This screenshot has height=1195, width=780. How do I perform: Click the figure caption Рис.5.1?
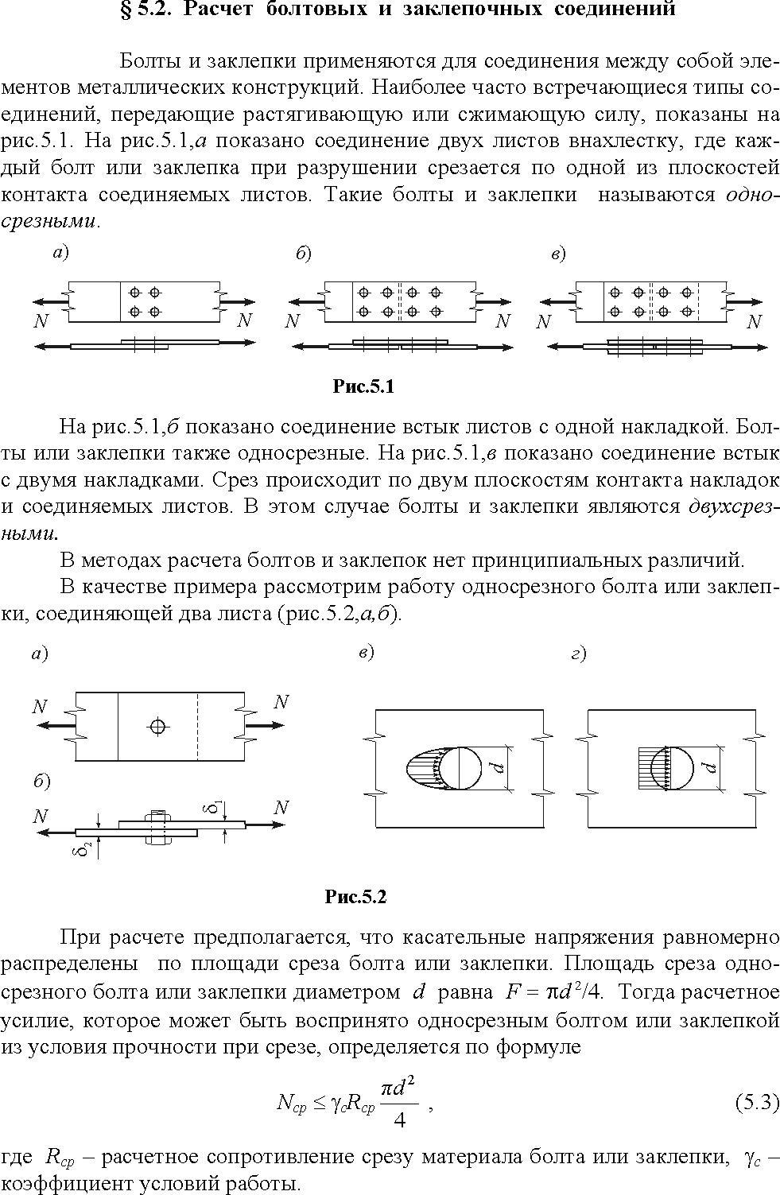pos(363,386)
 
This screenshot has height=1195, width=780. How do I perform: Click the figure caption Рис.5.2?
pos(355,897)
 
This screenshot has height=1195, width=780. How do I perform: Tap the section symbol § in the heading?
pos(126,9)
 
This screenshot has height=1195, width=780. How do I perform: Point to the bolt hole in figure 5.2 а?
pos(157,726)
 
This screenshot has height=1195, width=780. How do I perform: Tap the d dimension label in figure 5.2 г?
pos(709,768)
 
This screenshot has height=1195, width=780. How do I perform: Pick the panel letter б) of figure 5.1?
pos(304,254)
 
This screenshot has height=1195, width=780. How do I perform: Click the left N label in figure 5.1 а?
pos(41,320)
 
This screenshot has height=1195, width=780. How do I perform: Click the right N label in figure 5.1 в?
pos(754,322)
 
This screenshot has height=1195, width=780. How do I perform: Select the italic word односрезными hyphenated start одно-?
pos(749,195)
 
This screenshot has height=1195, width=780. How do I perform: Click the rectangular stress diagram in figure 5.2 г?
pos(652,768)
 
